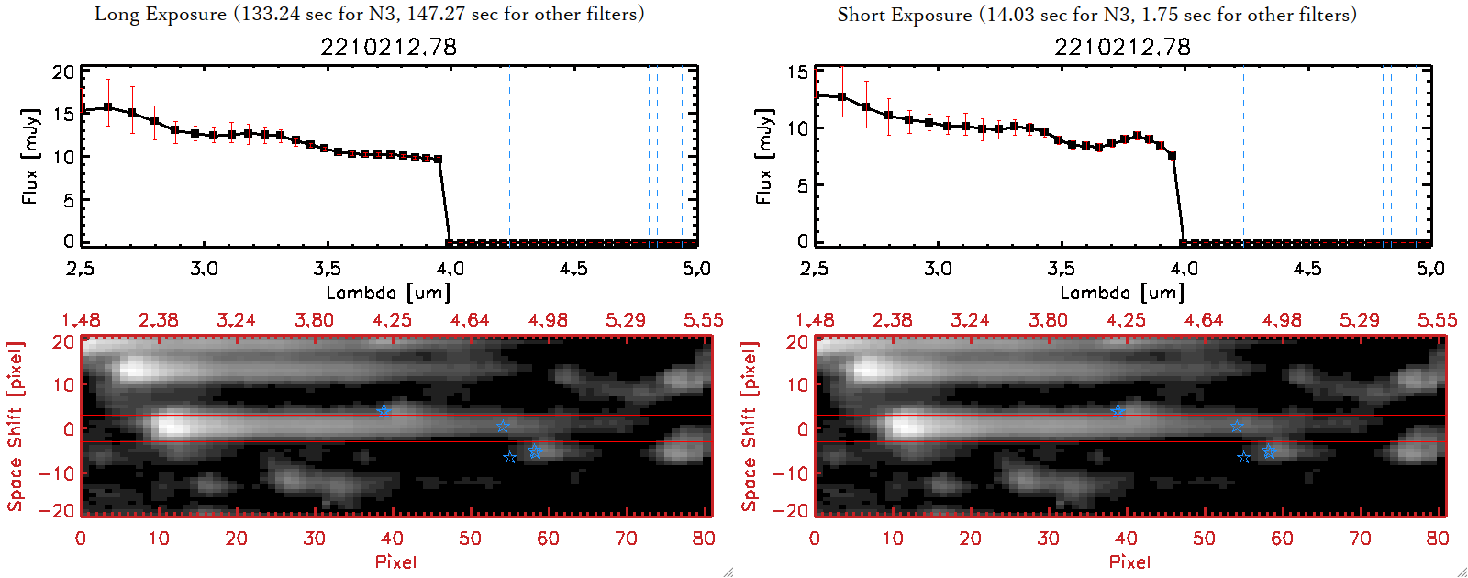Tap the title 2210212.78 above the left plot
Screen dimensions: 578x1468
point(388,47)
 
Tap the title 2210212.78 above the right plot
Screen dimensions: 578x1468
point(1122,47)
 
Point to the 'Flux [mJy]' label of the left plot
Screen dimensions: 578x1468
point(30,156)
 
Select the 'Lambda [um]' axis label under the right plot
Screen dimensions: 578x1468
point(1122,293)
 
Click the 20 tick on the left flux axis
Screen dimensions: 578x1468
point(63,72)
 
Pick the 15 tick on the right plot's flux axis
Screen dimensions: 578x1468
point(797,72)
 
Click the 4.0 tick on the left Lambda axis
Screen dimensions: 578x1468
point(450,269)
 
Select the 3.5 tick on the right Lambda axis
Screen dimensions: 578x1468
point(1061,269)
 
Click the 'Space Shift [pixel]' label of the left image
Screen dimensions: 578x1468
point(16,427)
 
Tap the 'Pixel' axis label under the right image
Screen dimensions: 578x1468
point(1129,561)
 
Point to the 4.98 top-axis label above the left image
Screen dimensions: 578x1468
point(548,320)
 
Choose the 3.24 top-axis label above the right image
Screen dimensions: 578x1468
point(970,320)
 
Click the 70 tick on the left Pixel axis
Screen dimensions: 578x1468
point(626,539)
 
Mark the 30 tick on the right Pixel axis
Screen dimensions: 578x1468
point(1048,539)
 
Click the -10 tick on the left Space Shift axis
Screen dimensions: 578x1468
point(57,472)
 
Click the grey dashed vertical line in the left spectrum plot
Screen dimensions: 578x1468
point(509,156)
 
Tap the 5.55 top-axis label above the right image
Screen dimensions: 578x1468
point(1437,320)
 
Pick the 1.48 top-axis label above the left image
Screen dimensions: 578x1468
point(81,320)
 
